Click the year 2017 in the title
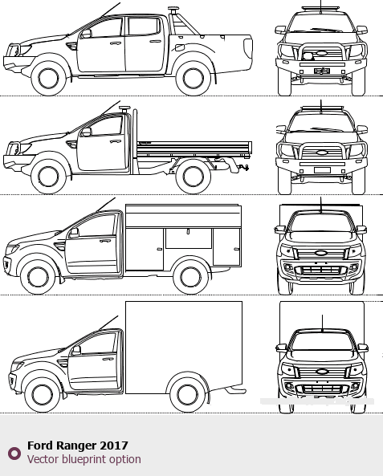pos(113,445)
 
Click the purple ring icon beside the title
pos(14,454)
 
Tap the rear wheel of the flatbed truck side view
pos(194,177)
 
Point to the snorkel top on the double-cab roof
pos(173,9)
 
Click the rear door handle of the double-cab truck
pos(156,41)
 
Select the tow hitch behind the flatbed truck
pos(243,167)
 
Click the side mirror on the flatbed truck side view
pos(86,132)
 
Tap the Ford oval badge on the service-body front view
pos(320,253)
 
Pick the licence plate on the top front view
pos(322,71)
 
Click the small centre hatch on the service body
pos(189,238)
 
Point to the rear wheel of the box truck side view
pos(187,395)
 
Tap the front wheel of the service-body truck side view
pos(39,277)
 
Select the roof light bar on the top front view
pos(320,8)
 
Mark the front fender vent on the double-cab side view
pos(71,47)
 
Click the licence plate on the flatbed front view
pos(322,170)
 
